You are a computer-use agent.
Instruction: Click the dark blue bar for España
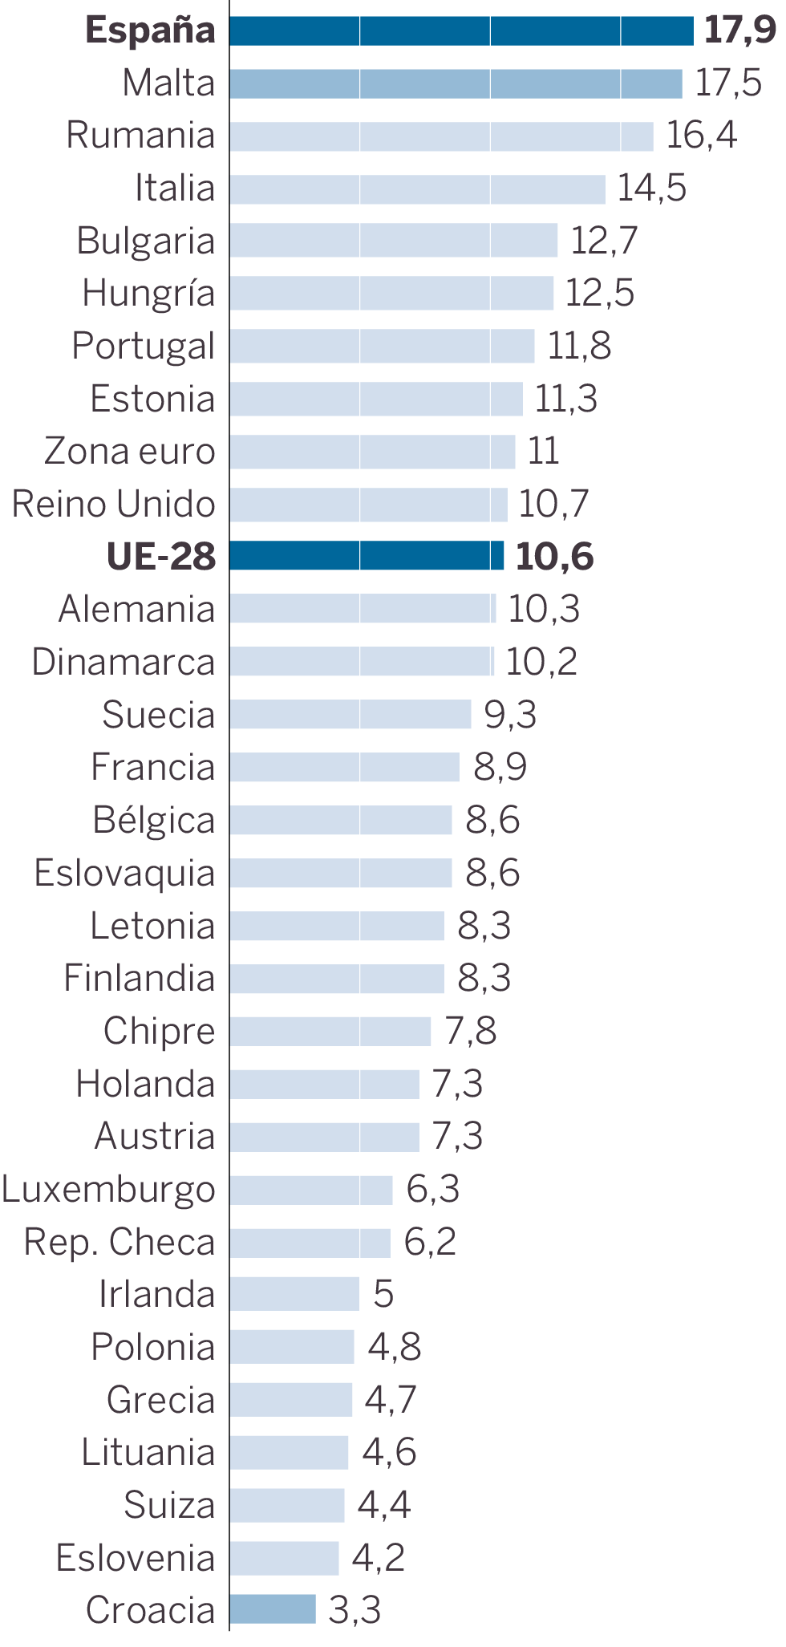pyautogui.click(x=461, y=30)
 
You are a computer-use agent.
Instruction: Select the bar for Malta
pyautogui.click(x=456, y=83)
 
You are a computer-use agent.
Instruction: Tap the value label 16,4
pyautogui.click(x=701, y=135)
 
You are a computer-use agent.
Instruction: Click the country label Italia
pyautogui.click(x=175, y=189)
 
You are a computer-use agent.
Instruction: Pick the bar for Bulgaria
pyautogui.click(x=393, y=241)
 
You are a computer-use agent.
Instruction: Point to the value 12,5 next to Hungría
pyautogui.click(x=599, y=293)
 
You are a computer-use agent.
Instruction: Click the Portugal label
pyautogui.click(x=144, y=346)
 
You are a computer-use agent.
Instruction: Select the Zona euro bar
pyautogui.click(x=372, y=452)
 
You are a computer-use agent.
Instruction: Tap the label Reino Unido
pyautogui.click(x=114, y=504)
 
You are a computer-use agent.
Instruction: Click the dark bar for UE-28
pyautogui.click(x=367, y=555)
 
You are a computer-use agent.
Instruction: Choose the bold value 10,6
pyautogui.click(x=554, y=557)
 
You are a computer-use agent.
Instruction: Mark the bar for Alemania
pyautogui.click(x=363, y=608)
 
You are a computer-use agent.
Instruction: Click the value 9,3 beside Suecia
pyautogui.click(x=510, y=714)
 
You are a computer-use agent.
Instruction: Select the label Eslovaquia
pyautogui.click(x=124, y=873)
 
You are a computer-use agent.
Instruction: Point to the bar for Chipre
pyautogui.click(x=330, y=1031)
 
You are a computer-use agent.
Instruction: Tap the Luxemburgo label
pyautogui.click(x=108, y=1189)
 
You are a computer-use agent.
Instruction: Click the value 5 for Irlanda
pyautogui.click(x=383, y=1294)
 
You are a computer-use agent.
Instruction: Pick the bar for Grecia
pyautogui.click(x=290, y=1400)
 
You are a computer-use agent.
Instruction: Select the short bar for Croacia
pyautogui.click(x=273, y=1609)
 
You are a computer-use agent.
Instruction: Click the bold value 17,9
pyautogui.click(x=739, y=30)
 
